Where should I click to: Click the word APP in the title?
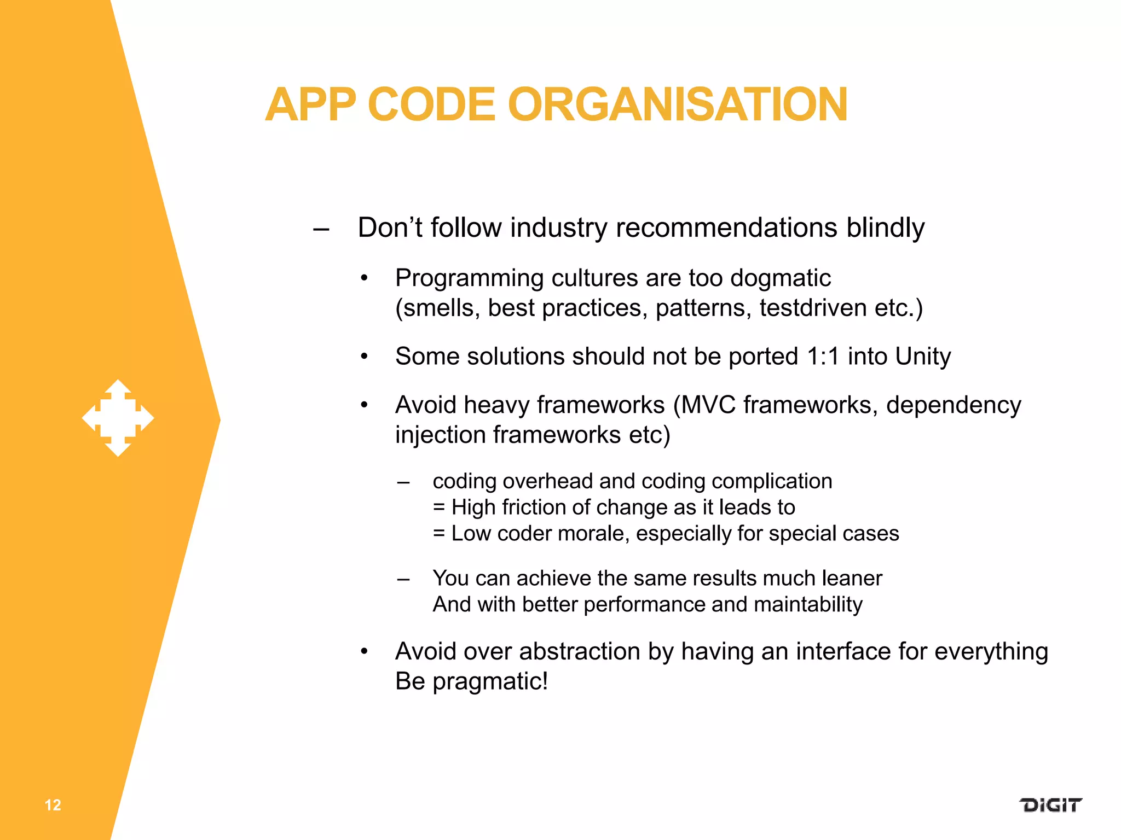coord(310,104)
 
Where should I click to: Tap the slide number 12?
coord(53,805)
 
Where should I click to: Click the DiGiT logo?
coord(1050,805)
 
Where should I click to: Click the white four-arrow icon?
coord(118,418)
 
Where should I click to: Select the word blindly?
coord(885,227)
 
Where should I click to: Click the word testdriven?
coord(813,308)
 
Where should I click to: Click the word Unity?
coord(923,357)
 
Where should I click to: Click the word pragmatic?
coord(490,681)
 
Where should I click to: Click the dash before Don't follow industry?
coord(321,229)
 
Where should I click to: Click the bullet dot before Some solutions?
coord(365,357)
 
